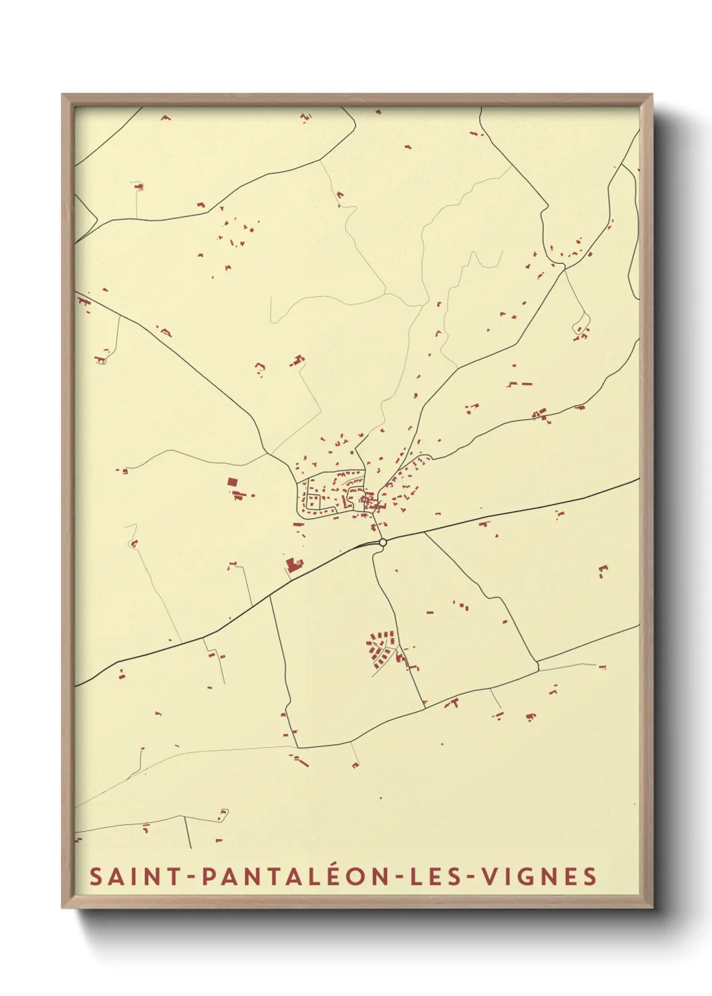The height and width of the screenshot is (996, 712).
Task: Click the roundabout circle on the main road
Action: pos(382,542)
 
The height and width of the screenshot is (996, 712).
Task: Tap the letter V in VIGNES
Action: pos(490,876)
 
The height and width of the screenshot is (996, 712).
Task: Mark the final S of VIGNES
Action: pos(590,876)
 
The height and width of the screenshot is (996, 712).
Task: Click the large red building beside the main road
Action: pos(292,565)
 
